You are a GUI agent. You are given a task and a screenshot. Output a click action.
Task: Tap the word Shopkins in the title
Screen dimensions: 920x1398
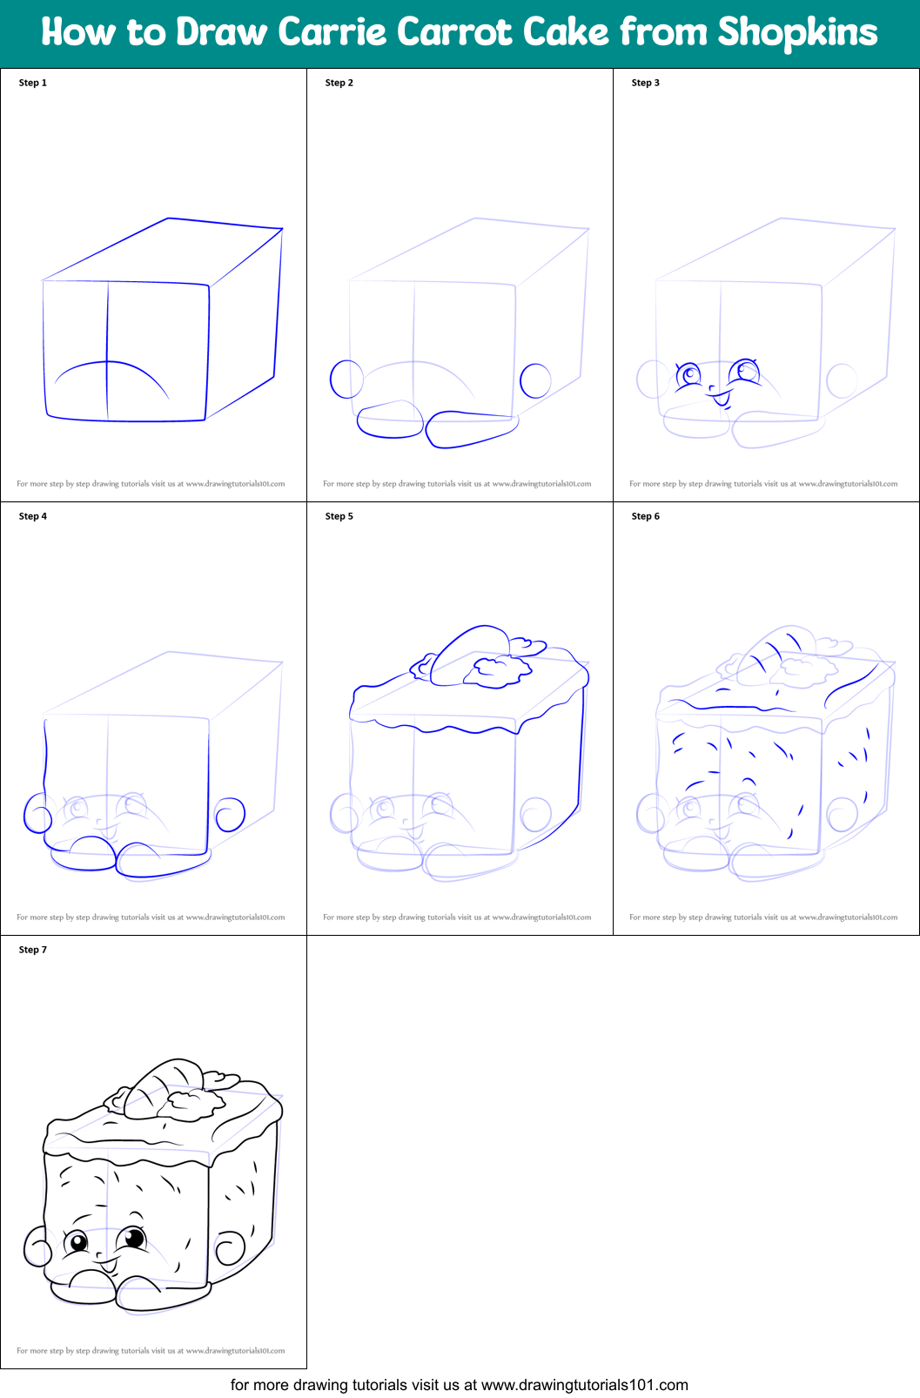click(797, 32)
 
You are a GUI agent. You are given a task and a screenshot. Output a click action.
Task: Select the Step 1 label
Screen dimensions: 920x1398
click(32, 83)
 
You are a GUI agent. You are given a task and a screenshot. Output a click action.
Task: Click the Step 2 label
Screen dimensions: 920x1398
click(339, 83)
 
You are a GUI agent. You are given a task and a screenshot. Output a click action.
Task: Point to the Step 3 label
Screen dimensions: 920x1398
click(645, 83)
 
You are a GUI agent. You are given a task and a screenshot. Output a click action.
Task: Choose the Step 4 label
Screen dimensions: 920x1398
click(32, 516)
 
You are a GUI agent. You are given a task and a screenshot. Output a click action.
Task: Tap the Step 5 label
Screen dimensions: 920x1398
click(339, 516)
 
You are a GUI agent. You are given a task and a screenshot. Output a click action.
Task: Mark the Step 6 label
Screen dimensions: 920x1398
click(645, 516)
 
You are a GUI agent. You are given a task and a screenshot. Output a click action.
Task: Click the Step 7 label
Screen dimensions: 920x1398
click(32, 950)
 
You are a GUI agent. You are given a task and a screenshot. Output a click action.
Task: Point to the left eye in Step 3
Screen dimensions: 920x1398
click(688, 375)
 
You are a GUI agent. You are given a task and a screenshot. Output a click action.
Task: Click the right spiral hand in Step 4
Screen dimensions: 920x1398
click(230, 815)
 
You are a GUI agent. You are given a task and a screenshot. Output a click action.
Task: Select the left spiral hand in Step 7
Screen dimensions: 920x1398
click(37, 1247)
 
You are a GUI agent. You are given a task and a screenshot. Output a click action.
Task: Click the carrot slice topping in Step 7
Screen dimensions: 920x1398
click(162, 1088)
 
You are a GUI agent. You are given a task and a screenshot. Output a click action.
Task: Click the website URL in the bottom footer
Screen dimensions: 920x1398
click(585, 1385)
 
